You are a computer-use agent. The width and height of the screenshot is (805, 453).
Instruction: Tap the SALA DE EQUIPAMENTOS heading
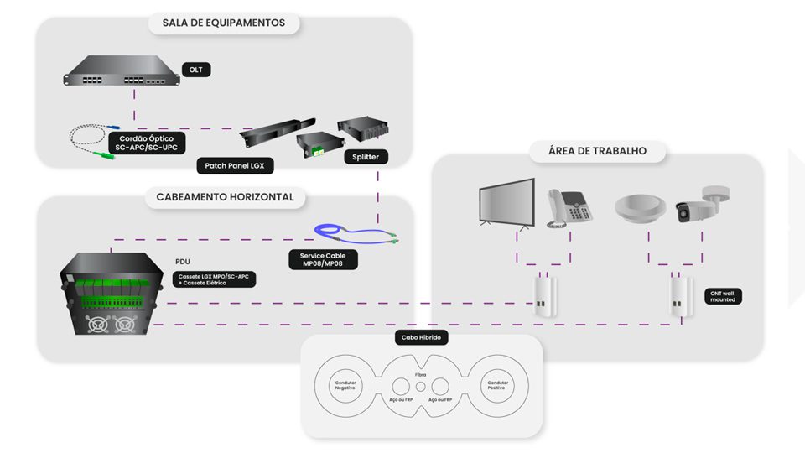(x=224, y=23)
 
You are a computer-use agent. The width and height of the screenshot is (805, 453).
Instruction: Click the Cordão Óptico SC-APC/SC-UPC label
(x=147, y=141)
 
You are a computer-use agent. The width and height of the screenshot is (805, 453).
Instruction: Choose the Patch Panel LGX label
(x=235, y=166)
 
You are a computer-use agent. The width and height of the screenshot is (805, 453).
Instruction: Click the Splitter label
(x=366, y=156)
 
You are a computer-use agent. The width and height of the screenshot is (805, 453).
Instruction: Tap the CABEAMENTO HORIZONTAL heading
(x=225, y=197)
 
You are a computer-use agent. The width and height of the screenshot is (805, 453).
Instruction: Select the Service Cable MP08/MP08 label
(x=323, y=259)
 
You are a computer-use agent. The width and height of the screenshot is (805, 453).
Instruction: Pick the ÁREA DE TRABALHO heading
(x=597, y=151)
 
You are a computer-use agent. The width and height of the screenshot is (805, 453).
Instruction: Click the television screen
(x=506, y=201)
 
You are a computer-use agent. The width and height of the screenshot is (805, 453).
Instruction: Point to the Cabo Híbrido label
(x=421, y=338)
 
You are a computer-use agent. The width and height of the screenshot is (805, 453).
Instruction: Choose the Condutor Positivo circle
(x=498, y=387)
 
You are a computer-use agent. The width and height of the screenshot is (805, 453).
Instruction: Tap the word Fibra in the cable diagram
(x=421, y=374)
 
